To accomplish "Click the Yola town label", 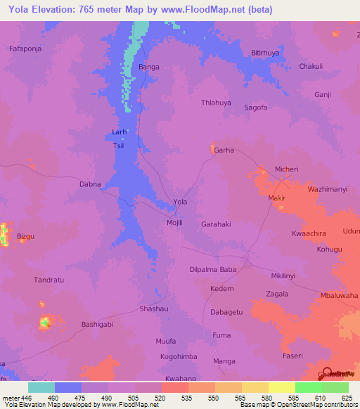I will coord(180,202).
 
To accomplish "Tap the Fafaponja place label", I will coord(26,48).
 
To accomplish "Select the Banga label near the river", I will coord(148,67).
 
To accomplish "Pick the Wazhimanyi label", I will coord(328,190).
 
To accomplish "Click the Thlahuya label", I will coord(216,103).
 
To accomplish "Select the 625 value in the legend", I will coord(347,397).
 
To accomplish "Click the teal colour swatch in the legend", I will coord(41,387).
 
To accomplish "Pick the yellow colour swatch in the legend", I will coord(281,387).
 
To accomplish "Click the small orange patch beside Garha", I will coord(212,148).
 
